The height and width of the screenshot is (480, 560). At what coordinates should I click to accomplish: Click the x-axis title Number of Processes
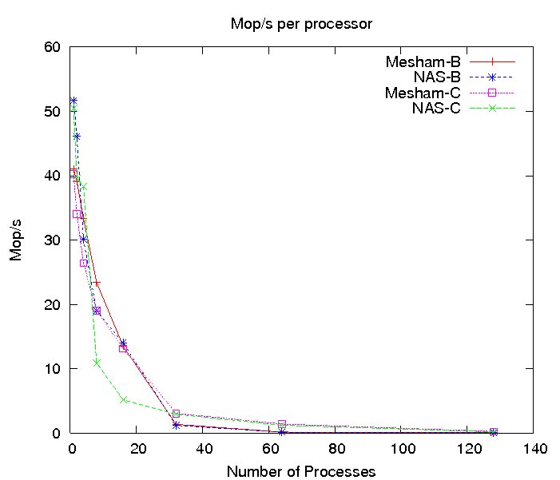click(301, 471)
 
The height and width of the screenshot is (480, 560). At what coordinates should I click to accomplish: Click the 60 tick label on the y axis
click(53, 47)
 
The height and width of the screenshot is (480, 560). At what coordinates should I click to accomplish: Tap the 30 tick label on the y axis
click(53, 240)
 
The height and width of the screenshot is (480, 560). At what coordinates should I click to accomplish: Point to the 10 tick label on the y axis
click(53, 369)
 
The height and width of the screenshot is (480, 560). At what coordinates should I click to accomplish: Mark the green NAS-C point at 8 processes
click(97, 363)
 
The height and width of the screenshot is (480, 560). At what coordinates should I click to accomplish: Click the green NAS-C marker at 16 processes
click(123, 400)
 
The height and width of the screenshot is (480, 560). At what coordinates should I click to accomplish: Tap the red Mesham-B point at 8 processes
click(97, 284)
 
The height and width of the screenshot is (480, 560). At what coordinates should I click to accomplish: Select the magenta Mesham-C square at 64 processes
click(282, 424)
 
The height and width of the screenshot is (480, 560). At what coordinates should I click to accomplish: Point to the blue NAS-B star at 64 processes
click(282, 432)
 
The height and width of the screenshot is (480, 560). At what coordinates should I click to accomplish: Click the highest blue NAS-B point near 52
click(73, 101)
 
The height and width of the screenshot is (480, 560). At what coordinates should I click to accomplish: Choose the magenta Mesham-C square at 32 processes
click(176, 414)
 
